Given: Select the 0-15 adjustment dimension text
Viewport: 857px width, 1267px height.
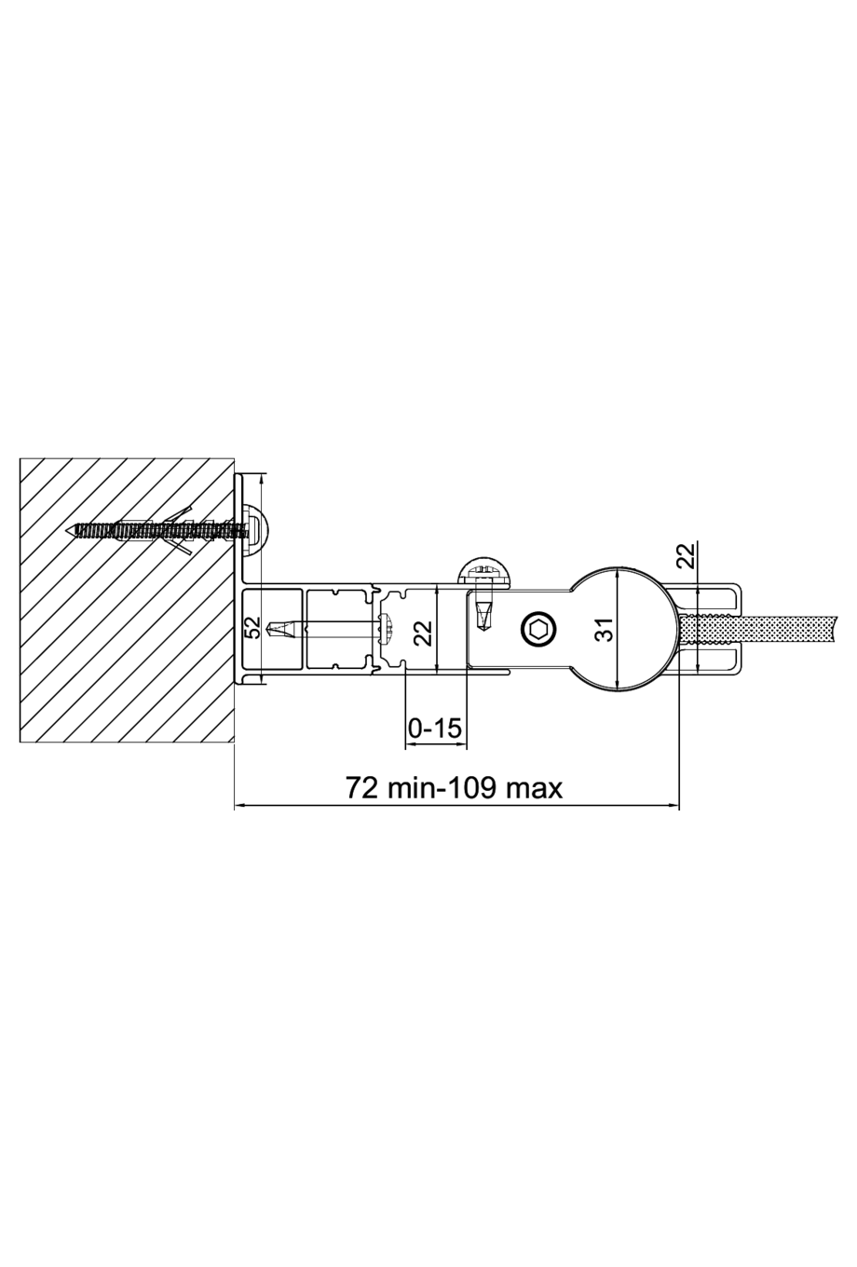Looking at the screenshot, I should pyautogui.click(x=435, y=728).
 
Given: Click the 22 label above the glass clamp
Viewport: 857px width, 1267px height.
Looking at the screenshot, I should pyautogui.click(x=686, y=556).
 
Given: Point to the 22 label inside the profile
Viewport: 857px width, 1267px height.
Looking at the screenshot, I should pyautogui.click(x=422, y=634).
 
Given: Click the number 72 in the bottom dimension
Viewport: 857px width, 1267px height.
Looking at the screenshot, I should pyautogui.click(x=362, y=788).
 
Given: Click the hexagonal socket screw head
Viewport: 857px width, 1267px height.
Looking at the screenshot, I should pyautogui.click(x=538, y=630).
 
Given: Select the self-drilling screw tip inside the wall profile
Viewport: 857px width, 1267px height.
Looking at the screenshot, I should pyautogui.click(x=277, y=630).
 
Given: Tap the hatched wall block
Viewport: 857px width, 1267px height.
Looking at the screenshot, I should pyautogui.click(x=112, y=652).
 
